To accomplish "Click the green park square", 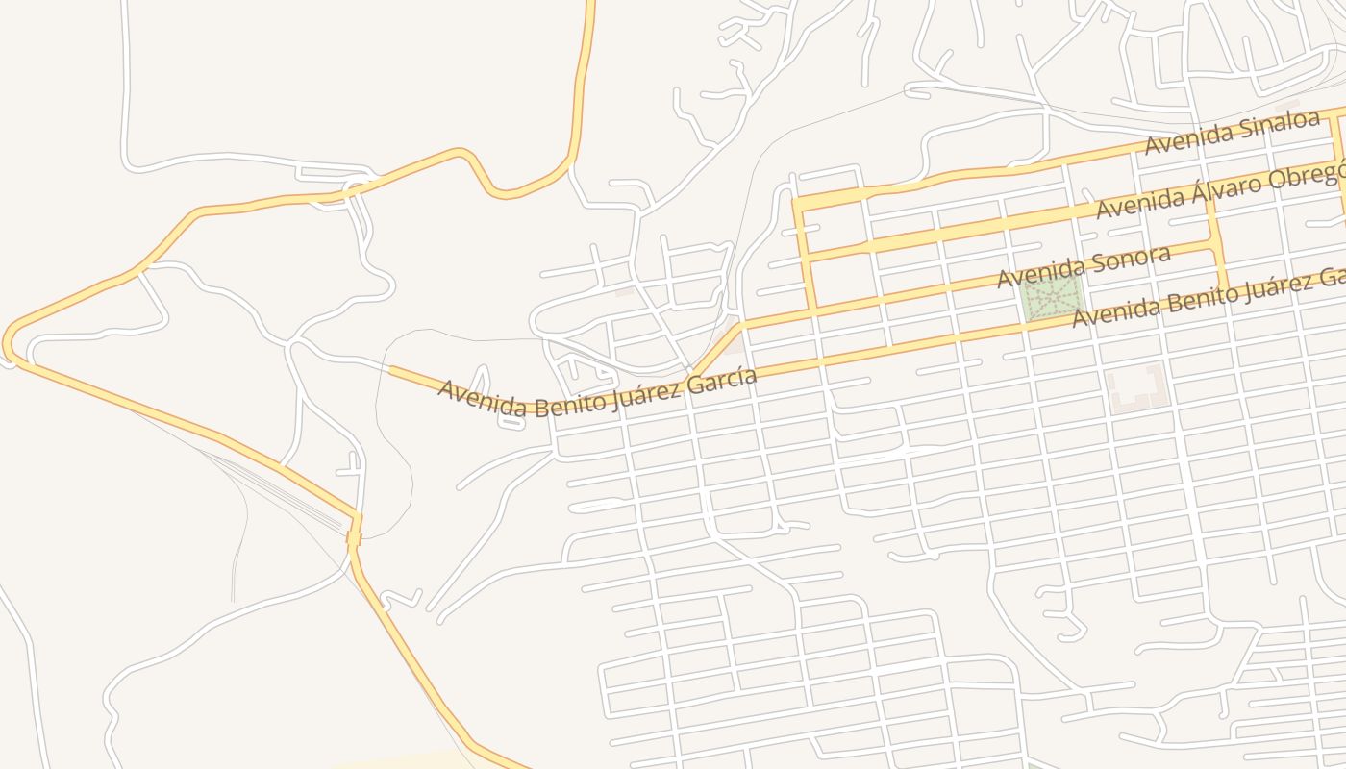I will click(x=1051, y=300).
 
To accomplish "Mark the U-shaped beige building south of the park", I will click(x=1138, y=386).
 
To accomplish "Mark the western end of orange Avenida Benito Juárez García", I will click(x=390, y=368).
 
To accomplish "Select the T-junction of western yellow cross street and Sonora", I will click(x=811, y=309).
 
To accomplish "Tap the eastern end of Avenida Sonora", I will click(x=1215, y=246).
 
